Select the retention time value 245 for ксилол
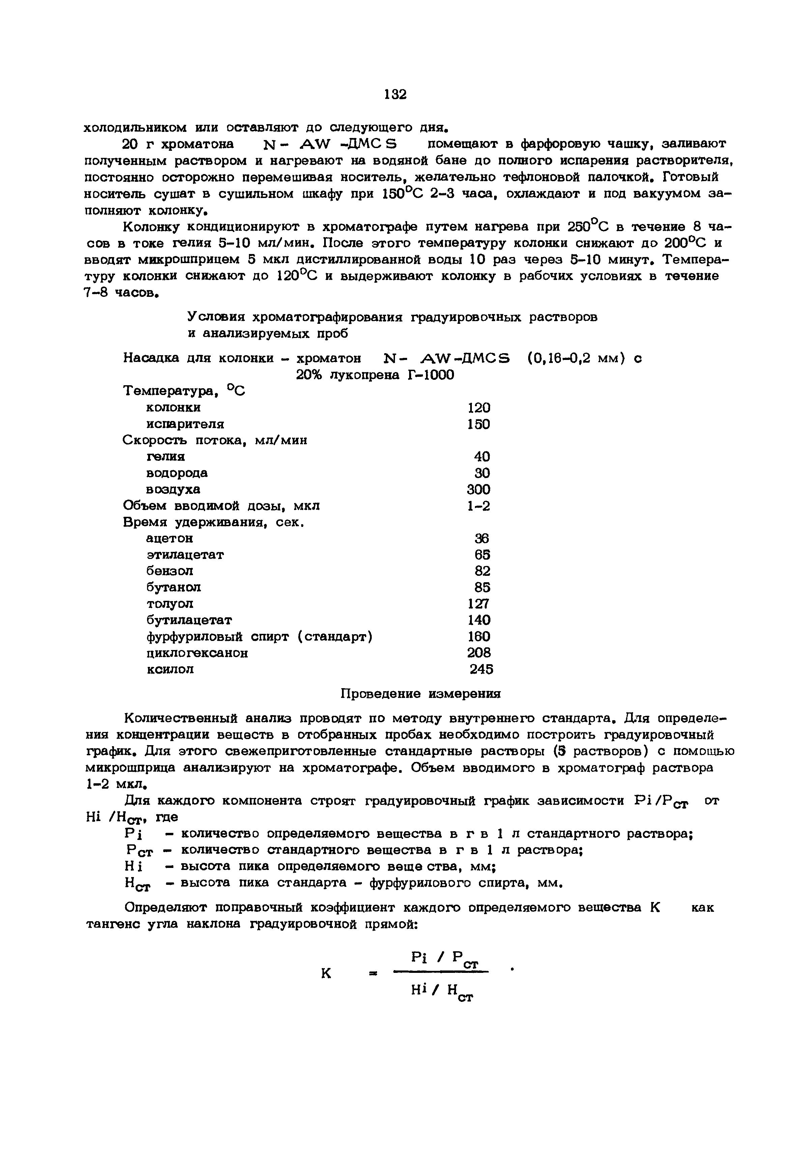(x=481, y=670)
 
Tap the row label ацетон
(x=169, y=538)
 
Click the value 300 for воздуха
(x=478, y=489)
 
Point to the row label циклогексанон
(x=197, y=653)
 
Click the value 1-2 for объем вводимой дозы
(x=478, y=506)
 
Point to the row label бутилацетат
(x=189, y=620)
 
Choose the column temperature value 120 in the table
(x=478, y=407)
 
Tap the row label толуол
(x=170, y=604)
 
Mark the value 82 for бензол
(x=482, y=571)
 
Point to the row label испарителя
(x=185, y=424)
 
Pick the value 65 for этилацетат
(x=482, y=555)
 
